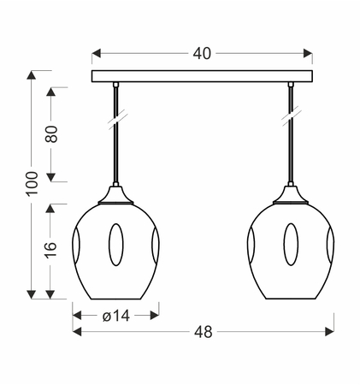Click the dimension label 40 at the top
point(202,54)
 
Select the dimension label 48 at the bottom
point(204,332)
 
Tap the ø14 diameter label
point(116,316)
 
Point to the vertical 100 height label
point(32,183)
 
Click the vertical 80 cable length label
point(51,133)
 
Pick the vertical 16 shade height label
point(51,250)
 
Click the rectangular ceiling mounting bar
point(202,76)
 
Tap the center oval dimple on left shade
point(116,245)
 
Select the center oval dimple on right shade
point(291,245)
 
